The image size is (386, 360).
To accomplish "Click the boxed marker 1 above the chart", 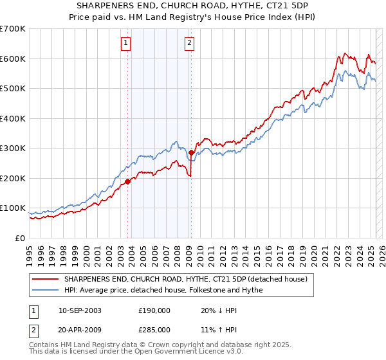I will (x=125, y=44).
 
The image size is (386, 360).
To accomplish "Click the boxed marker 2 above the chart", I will (x=190, y=44).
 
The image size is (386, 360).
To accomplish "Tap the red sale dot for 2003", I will (x=128, y=181).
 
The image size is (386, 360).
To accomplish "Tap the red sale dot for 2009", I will (x=191, y=153).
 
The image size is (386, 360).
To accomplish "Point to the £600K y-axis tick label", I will (x=13, y=59).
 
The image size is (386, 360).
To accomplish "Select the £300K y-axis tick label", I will (x=13, y=148).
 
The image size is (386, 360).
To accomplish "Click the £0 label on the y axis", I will (x=21, y=238).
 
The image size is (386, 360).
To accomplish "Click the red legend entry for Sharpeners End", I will (x=187, y=280).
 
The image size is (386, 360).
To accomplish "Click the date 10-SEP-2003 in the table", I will (x=80, y=310).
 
